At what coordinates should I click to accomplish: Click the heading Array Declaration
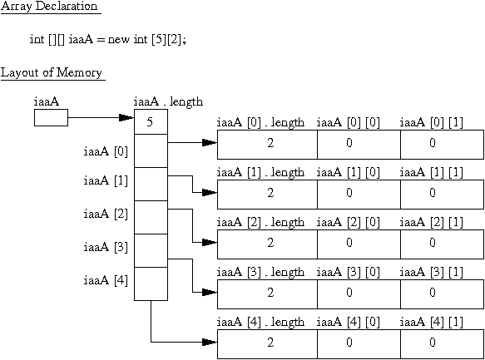[49, 6]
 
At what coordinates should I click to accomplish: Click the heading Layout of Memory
[51, 72]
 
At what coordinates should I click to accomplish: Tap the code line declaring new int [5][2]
[107, 40]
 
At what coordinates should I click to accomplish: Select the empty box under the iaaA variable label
[51, 118]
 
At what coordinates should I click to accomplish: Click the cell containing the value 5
[151, 121]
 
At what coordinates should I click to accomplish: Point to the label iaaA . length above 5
[168, 101]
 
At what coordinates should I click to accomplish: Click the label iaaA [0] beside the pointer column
[106, 151]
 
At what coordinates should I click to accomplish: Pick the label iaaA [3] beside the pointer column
[106, 247]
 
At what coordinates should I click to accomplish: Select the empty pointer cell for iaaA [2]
[151, 217]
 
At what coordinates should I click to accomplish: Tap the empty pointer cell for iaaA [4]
[151, 284]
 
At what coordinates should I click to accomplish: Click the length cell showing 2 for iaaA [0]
[267, 145]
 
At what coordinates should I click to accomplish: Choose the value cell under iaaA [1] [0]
[359, 195]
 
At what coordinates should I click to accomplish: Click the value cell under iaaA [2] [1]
[443, 244]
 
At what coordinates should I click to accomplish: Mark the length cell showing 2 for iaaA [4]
[267, 344]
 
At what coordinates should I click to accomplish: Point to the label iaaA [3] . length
[260, 272]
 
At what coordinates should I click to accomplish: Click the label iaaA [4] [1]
[431, 322]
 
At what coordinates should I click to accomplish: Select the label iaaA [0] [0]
[348, 123]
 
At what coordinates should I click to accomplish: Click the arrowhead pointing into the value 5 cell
[126, 118]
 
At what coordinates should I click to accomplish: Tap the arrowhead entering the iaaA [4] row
[210, 342]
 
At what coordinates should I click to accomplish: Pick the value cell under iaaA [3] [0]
[359, 294]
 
